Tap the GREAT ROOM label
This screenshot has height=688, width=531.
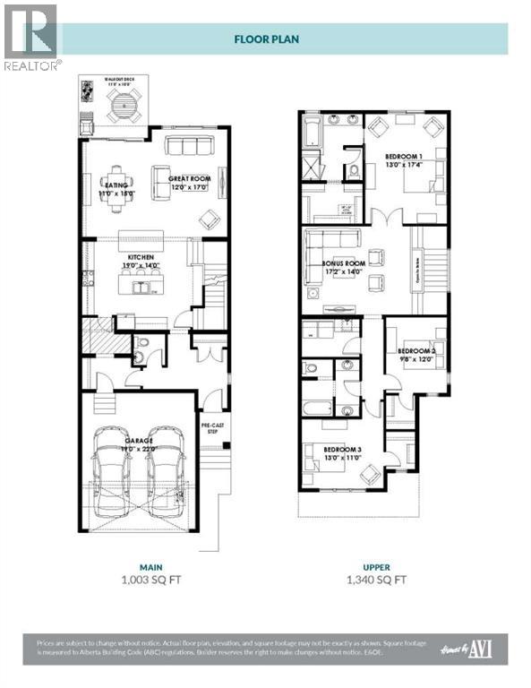(189, 179)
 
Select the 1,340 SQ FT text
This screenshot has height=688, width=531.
(377, 580)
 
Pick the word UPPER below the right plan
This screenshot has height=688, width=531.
(377, 566)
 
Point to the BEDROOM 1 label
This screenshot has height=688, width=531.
(404, 158)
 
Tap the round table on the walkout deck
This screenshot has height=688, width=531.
(121, 106)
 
